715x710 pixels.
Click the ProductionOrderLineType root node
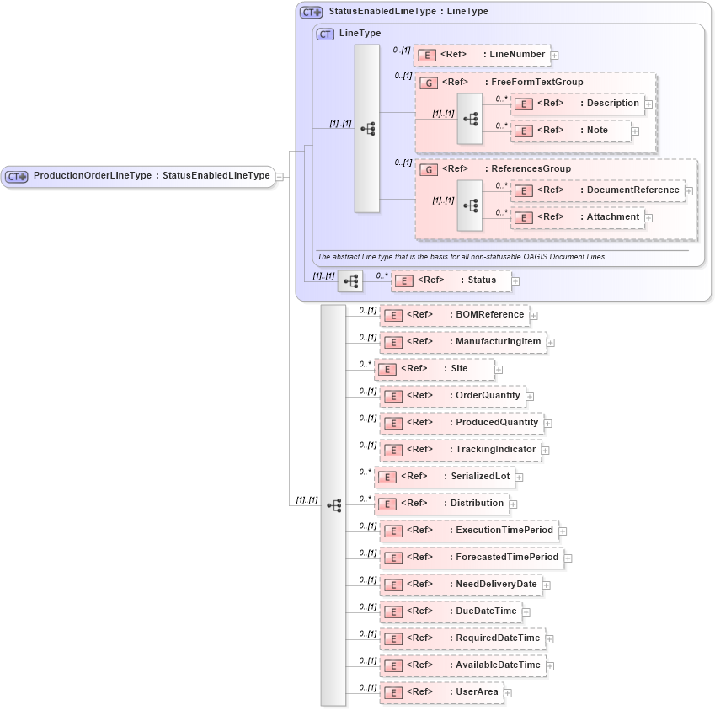tap(138, 176)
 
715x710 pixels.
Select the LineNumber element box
tap(482, 55)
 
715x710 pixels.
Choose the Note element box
tap(571, 131)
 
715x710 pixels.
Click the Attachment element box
tap(578, 217)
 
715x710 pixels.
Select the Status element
tap(451, 280)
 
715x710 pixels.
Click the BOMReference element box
tap(455, 315)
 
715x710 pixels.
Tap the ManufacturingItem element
tap(463, 342)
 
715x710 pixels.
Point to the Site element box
tap(435, 369)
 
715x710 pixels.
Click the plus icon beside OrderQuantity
tap(530, 396)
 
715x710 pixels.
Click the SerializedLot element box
tap(444, 477)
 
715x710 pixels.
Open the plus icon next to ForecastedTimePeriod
tap(568, 558)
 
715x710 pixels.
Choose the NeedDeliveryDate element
tap(461, 585)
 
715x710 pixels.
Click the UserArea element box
tap(442, 692)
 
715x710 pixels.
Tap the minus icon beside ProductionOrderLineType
tap(280, 177)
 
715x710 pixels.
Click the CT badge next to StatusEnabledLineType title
tap(312, 13)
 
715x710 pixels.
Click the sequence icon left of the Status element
tap(350, 281)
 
